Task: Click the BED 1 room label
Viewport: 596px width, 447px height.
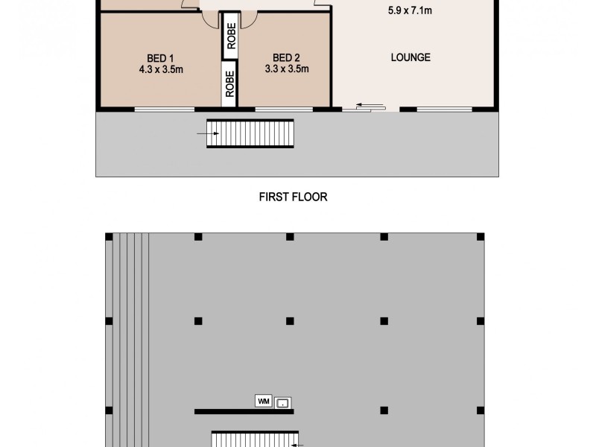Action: tap(160, 58)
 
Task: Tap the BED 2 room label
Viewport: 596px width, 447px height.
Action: tap(287, 58)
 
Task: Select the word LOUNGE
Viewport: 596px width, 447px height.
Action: tap(410, 57)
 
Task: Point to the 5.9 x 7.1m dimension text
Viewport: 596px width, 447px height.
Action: tap(410, 11)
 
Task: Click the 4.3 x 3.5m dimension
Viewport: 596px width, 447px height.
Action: tap(160, 69)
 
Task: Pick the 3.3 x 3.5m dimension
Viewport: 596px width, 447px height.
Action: tap(287, 69)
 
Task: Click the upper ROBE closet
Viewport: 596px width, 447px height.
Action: tap(231, 36)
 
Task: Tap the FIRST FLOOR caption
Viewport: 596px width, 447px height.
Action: tap(293, 197)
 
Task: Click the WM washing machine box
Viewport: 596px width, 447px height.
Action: tap(263, 401)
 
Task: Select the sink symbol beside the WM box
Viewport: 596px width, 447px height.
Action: tap(283, 403)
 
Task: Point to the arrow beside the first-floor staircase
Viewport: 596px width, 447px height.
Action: tap(208, 134)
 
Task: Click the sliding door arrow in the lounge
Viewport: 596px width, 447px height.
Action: tap(364, 106)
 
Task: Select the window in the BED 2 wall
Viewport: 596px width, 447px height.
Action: tap(284, 110)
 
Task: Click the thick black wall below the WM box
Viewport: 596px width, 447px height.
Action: tap(244, 411)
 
